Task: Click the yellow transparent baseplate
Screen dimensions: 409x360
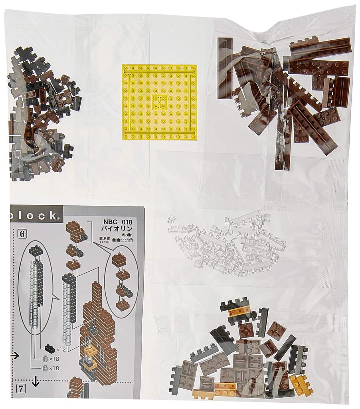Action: [x=160, y=102]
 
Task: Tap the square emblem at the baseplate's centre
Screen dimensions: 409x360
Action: [x=159, y=102]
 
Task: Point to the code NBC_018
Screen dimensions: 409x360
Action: [x=117, y=222]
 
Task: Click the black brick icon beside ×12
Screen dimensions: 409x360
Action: [x=50, y=348]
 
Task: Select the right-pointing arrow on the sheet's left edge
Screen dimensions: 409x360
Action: [x=14, y=355]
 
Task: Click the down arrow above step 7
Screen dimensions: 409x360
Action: [x=36, y=382]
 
